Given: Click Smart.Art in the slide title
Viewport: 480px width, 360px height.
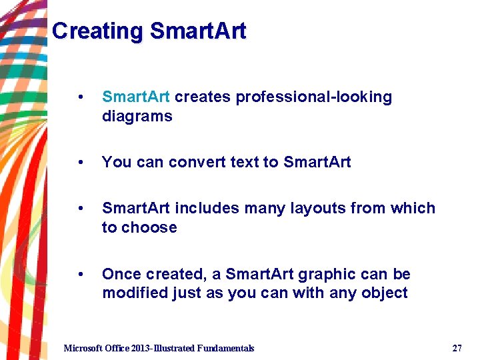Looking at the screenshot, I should pyautogui.click(x=198, y=31).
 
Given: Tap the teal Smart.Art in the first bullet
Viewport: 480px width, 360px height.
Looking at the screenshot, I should pyautogui.click(x=136, y=97).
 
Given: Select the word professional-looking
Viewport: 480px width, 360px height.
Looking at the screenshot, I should pyautogui.click(x=314, y=97).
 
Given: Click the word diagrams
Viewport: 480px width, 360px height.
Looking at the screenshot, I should pyautogui.click(x=137, y=117).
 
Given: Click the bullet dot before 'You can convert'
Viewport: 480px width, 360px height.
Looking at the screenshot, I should pyautogui.click(x=81, y=162).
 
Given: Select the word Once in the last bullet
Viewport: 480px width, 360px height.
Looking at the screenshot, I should pyautogui.click(x=121, y=275).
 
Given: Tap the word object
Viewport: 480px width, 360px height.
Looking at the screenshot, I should pyautogui.click(x=383, y=294).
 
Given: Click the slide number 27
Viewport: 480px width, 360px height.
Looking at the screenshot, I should pyautogui.click(x=457, y=348).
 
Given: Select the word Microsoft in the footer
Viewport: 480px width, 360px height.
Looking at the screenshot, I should pyautogui.click(x=83, y=348).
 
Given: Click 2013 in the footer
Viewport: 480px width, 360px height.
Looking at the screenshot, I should pyautogui.click(x=142, y=348).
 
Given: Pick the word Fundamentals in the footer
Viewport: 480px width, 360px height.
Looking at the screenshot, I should pyautogui.click(x=224, y=348).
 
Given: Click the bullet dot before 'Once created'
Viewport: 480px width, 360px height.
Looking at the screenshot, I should pyautogui.click(x=81, y=275).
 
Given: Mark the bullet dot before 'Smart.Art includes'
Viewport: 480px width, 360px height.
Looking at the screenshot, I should pyautogui.click(x=81, y=209).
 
